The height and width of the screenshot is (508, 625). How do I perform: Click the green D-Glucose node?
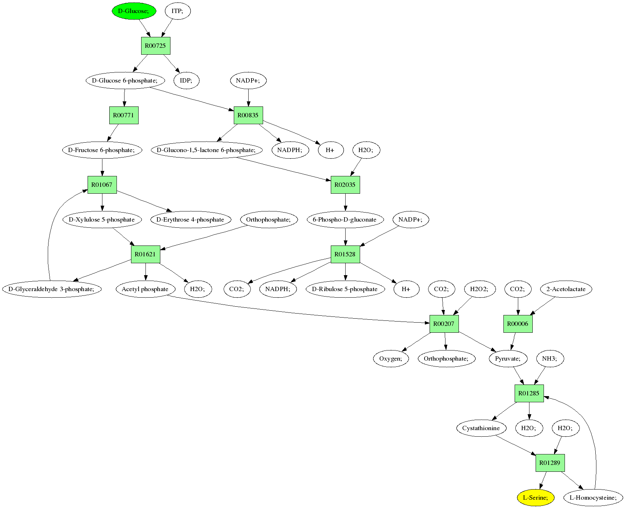pyautogui.click(x=134, y=11)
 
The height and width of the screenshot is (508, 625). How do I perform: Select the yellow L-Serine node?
pyautogui.click(x=536, y=497)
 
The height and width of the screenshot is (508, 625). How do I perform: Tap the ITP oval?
pyautogui.click(x=177, y=11)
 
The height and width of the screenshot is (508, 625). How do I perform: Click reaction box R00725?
pyautogui.click(x=156, y=46)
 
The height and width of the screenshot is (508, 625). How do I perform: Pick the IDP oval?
pyautogui.click(x=186, y=80)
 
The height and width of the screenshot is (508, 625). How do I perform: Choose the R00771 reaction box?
pyautogui.click(x=124, y=115)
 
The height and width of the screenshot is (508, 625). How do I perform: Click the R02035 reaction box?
pyautogui.click(x=345, y=185)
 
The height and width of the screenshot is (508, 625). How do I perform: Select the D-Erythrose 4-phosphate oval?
pyautogui.click(x=190, y=219)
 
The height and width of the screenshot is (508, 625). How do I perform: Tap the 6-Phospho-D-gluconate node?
pyautogui.click(x=345, y=219)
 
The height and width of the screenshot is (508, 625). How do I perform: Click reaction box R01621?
pyautogui.click(x=145, y=254)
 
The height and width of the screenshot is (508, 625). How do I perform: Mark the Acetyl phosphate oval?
pyautogui.click(x=145, y=289)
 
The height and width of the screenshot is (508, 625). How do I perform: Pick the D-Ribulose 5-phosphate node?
pyautogui.click(x=345, y=289)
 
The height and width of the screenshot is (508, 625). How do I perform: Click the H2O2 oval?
pyautogui.click(x=479, y=289)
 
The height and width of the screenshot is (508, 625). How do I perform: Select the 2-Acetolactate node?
pyautogui.click(x=566, y=289)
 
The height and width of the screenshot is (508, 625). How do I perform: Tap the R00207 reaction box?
pyautogui.click(x=444, y=324)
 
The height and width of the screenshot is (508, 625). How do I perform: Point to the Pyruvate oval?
pyautogui.click(x=508, y=358)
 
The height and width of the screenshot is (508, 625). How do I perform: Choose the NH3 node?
pyautogui.click(x=549, y=358)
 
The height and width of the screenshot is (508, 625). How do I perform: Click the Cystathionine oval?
pyautogui.click(x=481, y=428)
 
